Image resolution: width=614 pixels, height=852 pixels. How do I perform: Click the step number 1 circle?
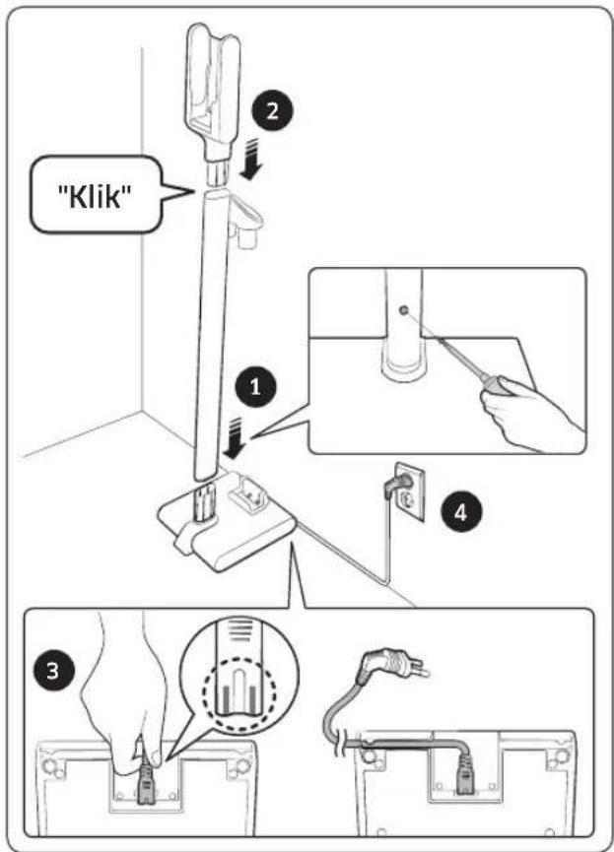click(x=255, y=387)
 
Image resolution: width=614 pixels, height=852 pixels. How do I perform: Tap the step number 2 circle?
click(x=272, y=110)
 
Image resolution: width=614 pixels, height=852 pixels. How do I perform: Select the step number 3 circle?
click(x=53, y=670)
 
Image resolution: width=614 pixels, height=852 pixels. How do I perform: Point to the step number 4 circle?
click(x=460, y=511)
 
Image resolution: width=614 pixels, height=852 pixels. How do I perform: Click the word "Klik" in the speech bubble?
click(x=96, y=196)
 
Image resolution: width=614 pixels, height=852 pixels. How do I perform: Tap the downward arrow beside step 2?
click(x=250, y=159)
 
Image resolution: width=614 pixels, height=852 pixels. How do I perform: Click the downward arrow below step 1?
click(x=235, y=439)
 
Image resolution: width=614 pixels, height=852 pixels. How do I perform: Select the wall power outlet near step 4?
click(x=410, y=492)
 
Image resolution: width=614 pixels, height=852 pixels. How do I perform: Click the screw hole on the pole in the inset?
click(x=404, y=311)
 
